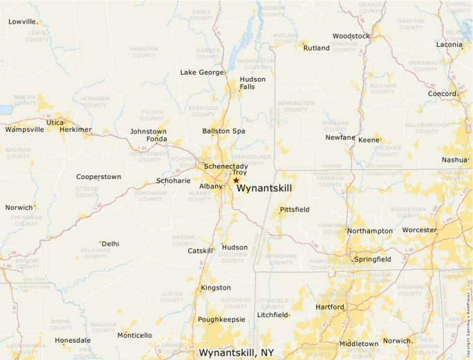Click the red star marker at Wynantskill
236,180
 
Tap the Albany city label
210,187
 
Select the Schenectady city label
225,167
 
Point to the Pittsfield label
295,209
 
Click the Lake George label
202,72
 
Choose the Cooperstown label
98,177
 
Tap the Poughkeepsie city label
221,320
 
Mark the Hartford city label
329,307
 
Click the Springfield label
372,259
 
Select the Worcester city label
419,230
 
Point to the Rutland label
317,48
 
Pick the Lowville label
21,21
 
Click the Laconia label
449,44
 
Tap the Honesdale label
73,340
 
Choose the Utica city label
55,122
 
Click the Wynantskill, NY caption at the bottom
236,352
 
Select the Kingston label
216,287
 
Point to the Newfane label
340,138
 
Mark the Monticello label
134,335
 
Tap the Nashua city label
454,160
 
